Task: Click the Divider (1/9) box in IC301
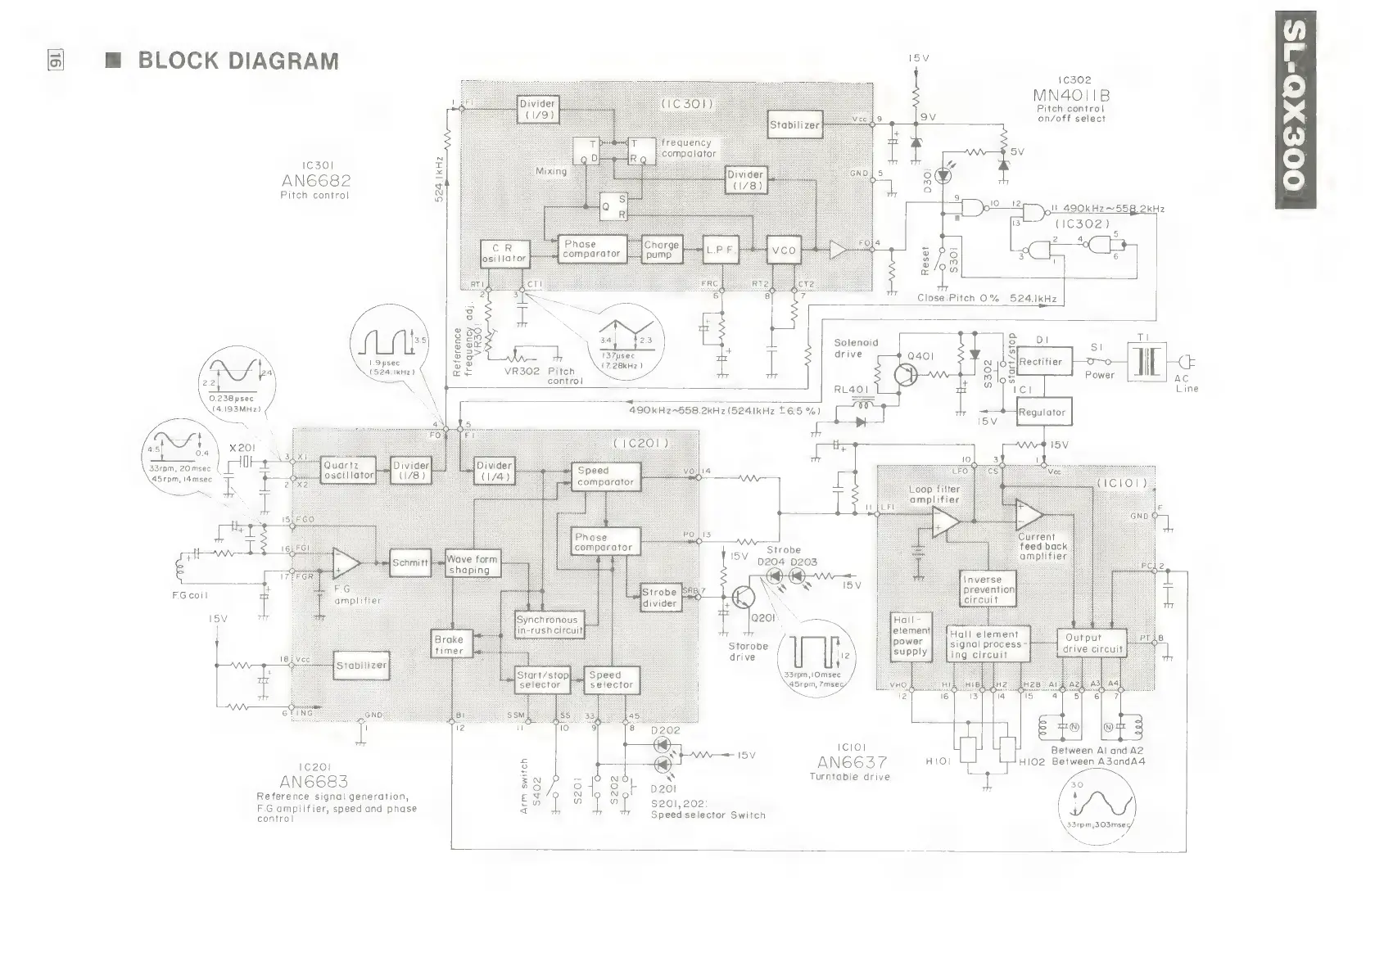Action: point(537,109)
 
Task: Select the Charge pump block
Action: point(662,250)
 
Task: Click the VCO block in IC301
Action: point(783,251)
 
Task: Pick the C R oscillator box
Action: point(504,253)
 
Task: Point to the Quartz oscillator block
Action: point(349,470)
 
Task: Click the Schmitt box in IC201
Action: point(409,563)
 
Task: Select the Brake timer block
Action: point(449,645)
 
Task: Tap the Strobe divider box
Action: point(659,598)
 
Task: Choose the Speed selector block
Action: point(611,680)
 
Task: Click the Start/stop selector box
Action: point(542,680)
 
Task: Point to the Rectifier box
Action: point(1043,362)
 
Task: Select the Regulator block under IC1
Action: point(1043,413)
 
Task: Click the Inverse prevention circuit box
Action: point(988,589)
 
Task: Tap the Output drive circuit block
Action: point(1092,643)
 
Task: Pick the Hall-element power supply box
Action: point(911,636)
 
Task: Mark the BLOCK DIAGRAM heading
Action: point(237,61)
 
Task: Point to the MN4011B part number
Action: point(1071,95)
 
